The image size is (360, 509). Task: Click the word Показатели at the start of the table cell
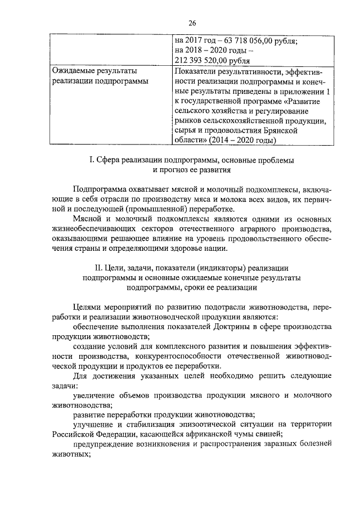point(195,71)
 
